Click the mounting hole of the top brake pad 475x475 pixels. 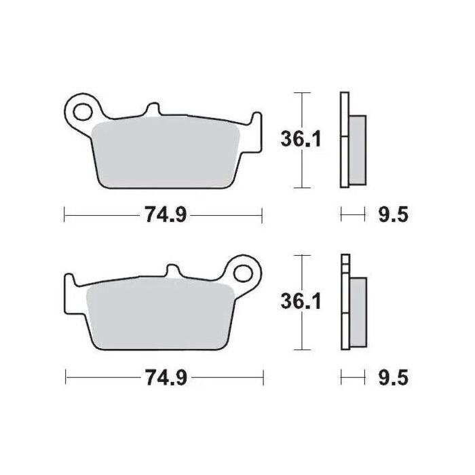[x=83, y=109]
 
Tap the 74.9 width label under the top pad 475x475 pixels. [x=163, y=216]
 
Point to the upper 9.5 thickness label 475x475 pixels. [x=392, y=216]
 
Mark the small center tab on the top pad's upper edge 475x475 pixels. [x=153, y=109]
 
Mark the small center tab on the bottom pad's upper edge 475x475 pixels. [x=171, y=271]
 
